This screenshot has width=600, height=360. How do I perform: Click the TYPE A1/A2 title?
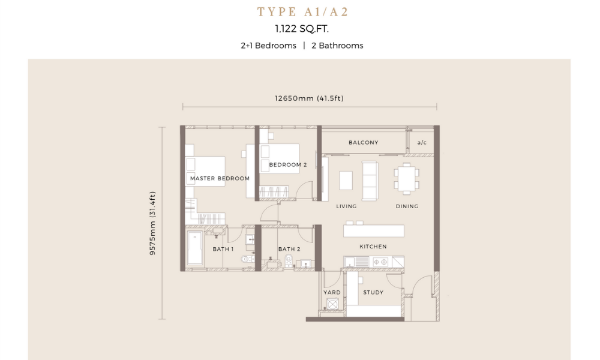[302, 12]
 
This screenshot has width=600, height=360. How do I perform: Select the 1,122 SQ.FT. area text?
[302, 29]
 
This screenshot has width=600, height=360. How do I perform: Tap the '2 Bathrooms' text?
[337, 46]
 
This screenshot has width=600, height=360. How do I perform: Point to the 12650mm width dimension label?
[309, 98]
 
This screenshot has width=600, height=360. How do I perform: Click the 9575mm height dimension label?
[152, 223]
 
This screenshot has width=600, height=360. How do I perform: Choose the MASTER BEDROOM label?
[220, 178]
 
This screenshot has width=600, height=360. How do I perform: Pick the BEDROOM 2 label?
[288, 165]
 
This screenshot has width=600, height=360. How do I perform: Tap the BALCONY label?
[363, 143]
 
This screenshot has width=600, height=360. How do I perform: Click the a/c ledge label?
[422, 143]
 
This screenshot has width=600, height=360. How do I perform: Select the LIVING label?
[346, 206]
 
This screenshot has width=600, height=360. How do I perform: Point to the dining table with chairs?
[406, 178]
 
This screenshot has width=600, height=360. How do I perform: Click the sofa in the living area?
[370, 181]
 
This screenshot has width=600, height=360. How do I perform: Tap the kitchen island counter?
[373, 230]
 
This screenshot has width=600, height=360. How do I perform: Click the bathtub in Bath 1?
[195, 248]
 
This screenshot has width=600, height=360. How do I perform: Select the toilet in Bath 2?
[289, 260]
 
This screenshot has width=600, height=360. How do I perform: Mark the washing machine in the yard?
[332, 304]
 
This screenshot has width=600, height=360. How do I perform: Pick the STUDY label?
[373, 292]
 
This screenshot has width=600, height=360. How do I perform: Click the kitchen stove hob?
[380, 262]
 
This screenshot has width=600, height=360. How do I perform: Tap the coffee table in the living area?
[346, 180]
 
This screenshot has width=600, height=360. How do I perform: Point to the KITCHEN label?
[373, 247]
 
